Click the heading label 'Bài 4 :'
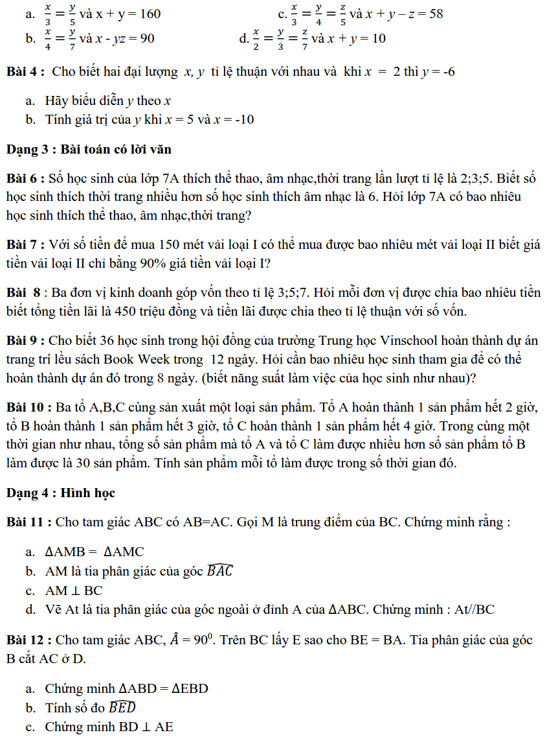[25, 72]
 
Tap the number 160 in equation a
[148, 14]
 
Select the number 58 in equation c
[435, 14]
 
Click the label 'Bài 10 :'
[29, 408]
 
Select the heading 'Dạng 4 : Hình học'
[61, 493]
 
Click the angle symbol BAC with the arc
[219, 571]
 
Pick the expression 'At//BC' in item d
[472, 609]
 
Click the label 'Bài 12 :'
[29, 640]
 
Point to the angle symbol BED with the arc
[122, 707]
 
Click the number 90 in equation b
[147, 39]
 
